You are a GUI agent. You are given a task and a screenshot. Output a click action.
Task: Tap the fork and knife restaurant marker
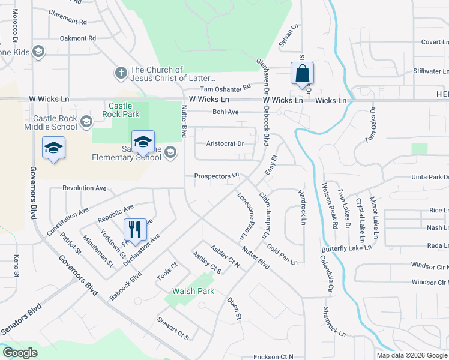[134, 229]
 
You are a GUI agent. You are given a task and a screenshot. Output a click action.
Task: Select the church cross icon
[121, 74]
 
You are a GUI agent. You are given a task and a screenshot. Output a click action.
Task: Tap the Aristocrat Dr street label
[225, 144]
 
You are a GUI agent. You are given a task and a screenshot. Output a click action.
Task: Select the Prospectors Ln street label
[217, 176]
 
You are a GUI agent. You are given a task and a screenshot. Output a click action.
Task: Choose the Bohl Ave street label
[226, 112]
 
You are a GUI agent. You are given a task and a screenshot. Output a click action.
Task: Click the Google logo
[20, 353]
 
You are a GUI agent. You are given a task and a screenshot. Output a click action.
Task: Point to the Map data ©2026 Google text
[411, 355]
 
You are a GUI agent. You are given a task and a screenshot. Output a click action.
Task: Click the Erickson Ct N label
[273, 356]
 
